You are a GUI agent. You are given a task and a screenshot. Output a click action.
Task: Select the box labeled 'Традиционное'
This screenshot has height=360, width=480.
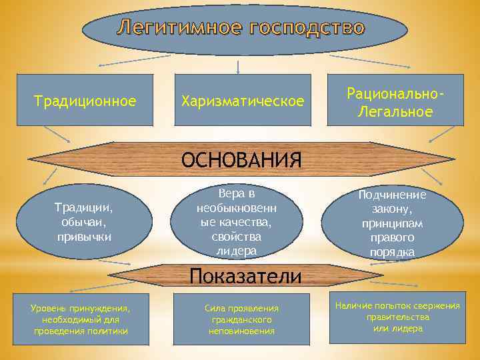click(x=85, y=101)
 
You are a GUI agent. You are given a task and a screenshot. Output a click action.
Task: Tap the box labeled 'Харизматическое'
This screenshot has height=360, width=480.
click(x=242, y=101)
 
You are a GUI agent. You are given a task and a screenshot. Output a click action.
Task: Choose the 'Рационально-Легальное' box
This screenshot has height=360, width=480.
click(x=395, y=101)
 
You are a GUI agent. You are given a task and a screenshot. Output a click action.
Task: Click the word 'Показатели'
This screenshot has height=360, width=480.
click(x=245, y=276)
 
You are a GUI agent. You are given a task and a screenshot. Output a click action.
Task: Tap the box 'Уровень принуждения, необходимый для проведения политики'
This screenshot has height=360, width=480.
click(x=81, y=319)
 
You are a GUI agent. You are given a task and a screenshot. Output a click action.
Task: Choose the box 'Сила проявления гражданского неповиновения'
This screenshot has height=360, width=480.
click(x=241, y=319)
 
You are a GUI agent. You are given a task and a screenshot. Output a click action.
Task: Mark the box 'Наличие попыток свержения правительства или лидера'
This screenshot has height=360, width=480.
click(x=397, y=316)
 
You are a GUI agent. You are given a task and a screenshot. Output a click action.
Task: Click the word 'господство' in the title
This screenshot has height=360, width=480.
click(x=307, y=28)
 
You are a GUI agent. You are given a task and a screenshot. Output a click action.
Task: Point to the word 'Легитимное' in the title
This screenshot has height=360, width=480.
click(x=180, y=28)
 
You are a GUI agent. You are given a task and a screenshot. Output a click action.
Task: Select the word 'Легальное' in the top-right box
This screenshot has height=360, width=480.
click(x=395, y=111)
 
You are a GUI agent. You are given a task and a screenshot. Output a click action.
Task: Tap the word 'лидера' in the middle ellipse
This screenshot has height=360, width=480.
click(x=237, y=251)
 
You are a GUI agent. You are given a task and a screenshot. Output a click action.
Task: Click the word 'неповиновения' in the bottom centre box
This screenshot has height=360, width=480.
click(x=241, y=331)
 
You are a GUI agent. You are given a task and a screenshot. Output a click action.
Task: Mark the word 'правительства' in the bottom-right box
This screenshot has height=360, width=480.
click(x=398, y=317)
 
